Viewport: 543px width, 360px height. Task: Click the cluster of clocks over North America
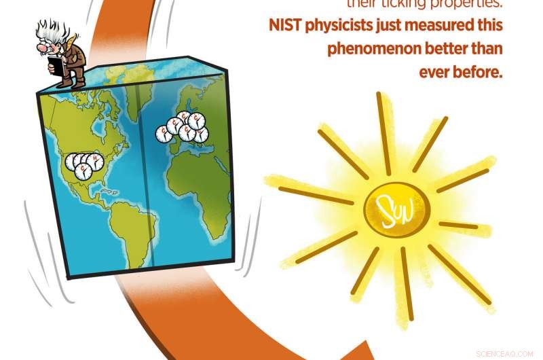click(x=81, y=163)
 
